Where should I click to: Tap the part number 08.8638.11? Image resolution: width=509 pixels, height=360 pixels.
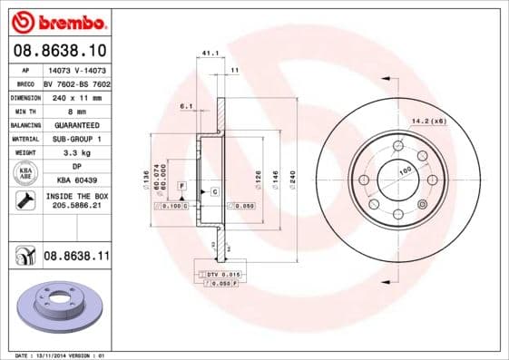pyautogui.click(x=76, y=257)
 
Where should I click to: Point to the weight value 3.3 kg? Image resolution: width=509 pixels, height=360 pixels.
pyautogui.click(x=76, y=153)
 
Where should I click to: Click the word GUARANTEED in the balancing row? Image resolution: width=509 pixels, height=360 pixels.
pyautogui.click(x=76, y=124)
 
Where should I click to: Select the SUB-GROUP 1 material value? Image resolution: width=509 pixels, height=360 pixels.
pyautogui.click(x=76, y=139)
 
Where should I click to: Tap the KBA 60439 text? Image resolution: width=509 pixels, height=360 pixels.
pyautogui.click(x=76, y=181)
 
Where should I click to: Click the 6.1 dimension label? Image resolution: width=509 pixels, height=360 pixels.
pyautogui.click(x=188, y=106)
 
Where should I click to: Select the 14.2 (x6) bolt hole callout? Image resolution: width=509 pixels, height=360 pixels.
pyautogui.click(x=455, y=121)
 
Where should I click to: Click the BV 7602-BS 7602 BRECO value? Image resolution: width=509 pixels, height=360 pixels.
pyautogui.click(x=76, y=82)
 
